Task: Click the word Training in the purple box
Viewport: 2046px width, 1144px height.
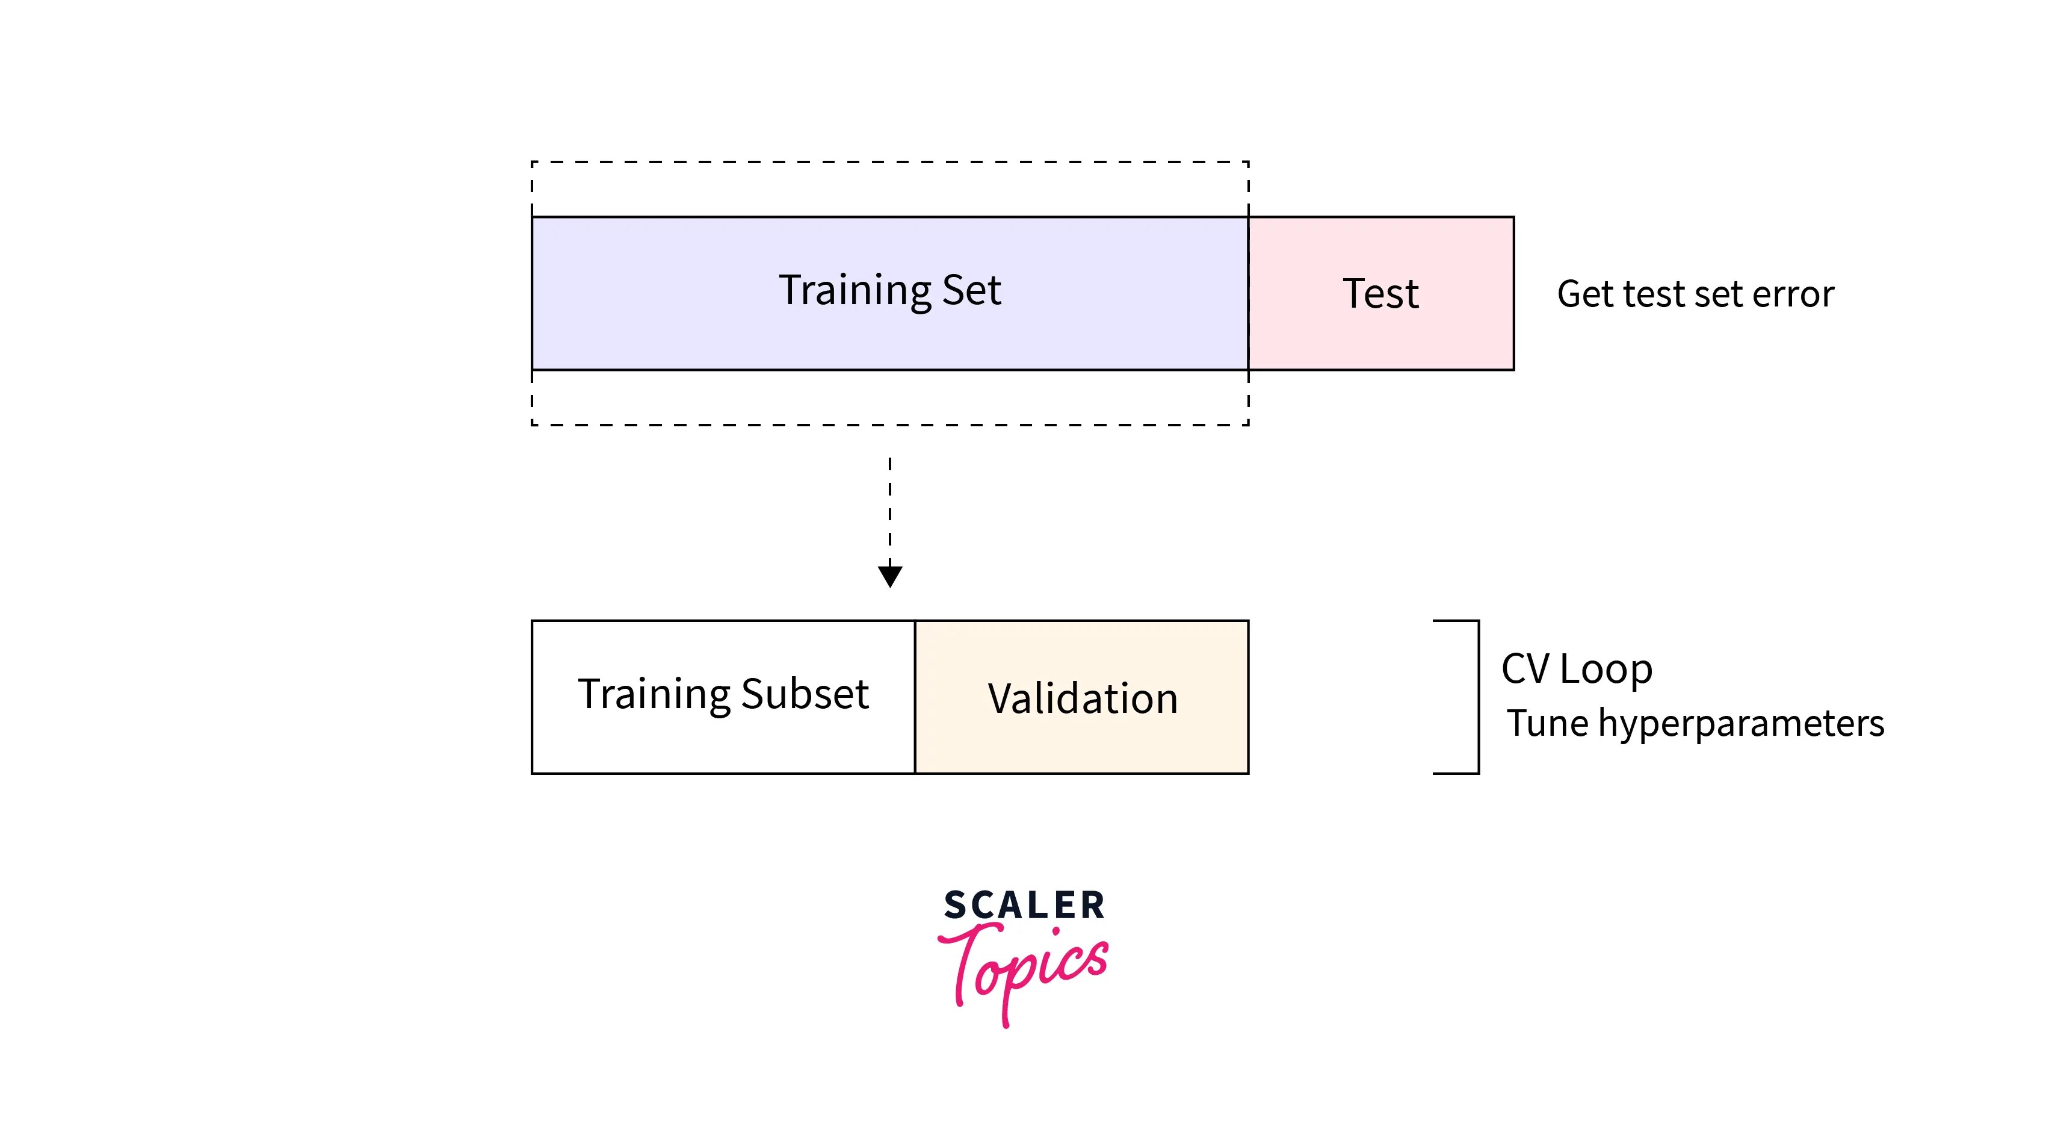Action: (x=855, y=291)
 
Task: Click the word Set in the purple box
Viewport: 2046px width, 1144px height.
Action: (x=971, y=290)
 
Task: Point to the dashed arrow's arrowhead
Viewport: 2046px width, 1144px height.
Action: (x=889, y=575)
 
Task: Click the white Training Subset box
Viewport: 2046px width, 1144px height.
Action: (x=723, y=747)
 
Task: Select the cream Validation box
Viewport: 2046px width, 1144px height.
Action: (x=1082, y=747)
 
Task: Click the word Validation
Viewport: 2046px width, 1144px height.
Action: (x=1082, y=698)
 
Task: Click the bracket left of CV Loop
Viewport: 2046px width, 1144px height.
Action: (x=1477, y=697)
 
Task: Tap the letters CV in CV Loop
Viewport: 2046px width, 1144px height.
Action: (x=1525, y=669)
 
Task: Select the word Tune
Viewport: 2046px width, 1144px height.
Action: (x=1547, y=724)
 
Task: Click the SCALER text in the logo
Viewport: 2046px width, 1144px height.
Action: (x=1024, y=906)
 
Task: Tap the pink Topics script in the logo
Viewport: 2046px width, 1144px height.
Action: (x=1024, y=968)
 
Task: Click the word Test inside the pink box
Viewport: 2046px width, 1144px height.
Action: (x=1380, y=294)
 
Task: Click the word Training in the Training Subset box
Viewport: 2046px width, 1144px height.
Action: (x=653, y=694)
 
